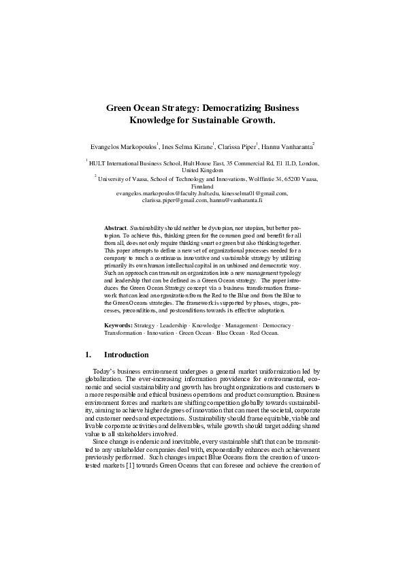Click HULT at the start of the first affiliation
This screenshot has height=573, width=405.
[99, 164]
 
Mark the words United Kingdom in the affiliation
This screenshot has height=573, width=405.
[202, 170]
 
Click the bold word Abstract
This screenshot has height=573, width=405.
[115, 225]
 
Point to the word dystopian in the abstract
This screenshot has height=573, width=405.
[229, 225]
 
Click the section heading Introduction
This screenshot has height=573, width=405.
[126, 355]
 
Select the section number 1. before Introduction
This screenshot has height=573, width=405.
[88, 355]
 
